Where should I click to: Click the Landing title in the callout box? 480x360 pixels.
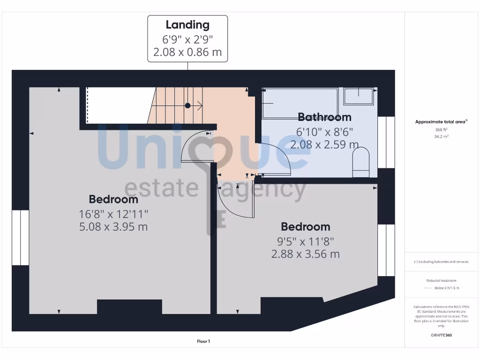click(187, 25)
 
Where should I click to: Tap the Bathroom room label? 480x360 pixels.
click(324, 117)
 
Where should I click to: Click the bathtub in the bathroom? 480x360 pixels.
click(300, 104)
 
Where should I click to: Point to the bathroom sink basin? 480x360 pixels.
click(359, 97)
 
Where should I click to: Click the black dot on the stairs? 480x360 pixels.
click(187, 105)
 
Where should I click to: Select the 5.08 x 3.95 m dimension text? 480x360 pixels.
click(113, 227)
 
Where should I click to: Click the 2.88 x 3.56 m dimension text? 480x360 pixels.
click(305, 255)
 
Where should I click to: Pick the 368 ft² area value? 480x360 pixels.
click(441, 130)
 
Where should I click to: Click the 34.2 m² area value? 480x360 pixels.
click(441, 136)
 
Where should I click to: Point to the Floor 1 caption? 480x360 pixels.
click(203, 342)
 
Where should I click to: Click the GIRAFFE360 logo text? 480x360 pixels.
click(441, 335)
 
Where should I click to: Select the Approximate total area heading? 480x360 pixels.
click(441, 122)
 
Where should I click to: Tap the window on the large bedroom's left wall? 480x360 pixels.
click(21, 238)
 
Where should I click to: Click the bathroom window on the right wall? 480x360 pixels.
click(386, 142)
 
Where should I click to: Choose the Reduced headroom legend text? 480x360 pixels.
click(441, 280)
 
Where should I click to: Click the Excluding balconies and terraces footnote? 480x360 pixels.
click(441, 262)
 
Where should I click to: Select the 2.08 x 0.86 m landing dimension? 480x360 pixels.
click(187, 52)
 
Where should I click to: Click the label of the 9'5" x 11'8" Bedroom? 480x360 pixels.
click(305, 227)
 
